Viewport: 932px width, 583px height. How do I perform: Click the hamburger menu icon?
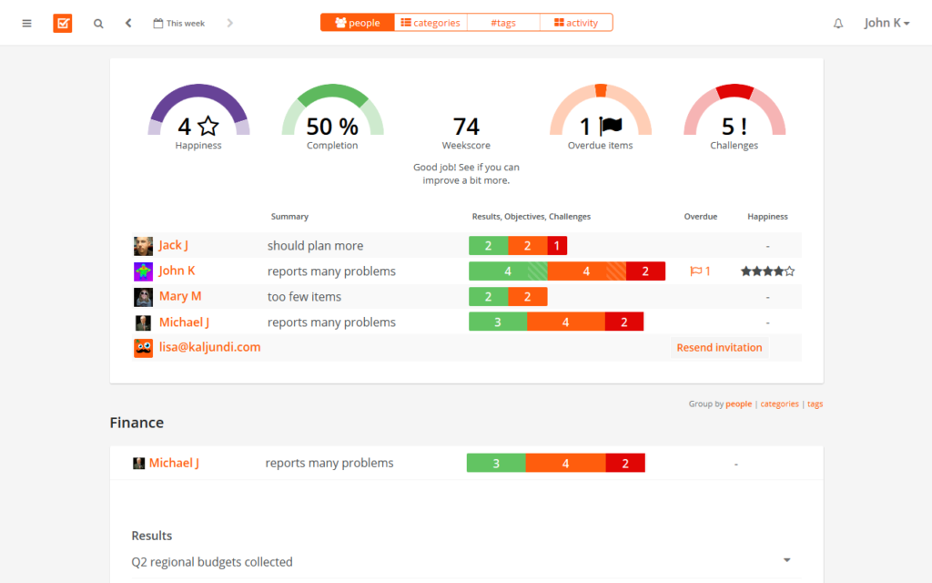[27, 23]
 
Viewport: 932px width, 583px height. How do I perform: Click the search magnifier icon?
[98, 24]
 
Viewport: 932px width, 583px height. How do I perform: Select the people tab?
[358, 23]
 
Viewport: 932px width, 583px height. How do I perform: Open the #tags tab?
[503, 23]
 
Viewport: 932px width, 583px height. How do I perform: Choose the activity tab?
[576, 23]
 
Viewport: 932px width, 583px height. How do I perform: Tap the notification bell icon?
[838, 24]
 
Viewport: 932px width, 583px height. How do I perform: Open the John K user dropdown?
[886, 23]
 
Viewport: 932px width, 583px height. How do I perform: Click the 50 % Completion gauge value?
[332, 127]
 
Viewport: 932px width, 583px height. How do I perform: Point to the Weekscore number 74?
[466, 127]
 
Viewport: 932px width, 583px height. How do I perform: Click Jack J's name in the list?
[173, 245]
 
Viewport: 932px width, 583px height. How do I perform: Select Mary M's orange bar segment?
[528, 297]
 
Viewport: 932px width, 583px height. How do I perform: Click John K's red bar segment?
[645, 271]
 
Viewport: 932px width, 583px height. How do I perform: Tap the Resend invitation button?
[719, 347]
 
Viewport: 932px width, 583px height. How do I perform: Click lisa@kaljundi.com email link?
[209, 347]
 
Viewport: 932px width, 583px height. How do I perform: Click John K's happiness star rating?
[767, 271]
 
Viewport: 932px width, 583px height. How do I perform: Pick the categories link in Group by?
[779, 404]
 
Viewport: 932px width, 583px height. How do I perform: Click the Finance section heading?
[137, 423]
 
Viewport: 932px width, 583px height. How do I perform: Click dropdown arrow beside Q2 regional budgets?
[786, 560]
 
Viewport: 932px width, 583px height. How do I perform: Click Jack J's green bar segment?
[489, 246]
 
